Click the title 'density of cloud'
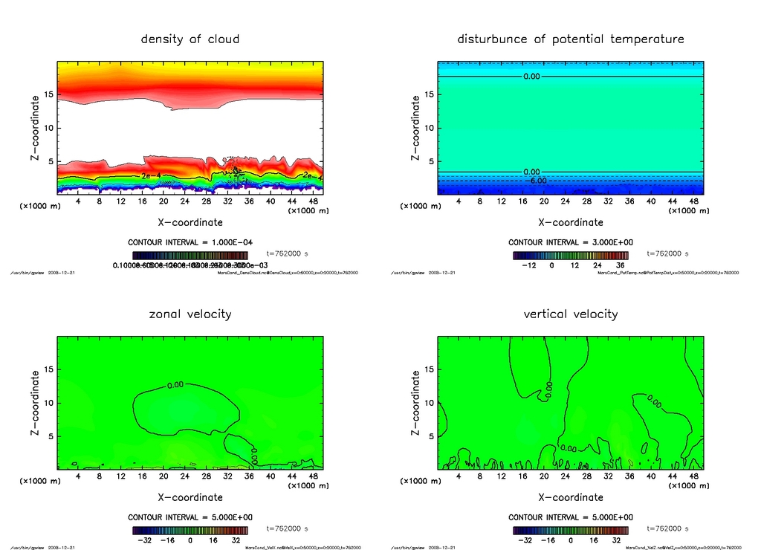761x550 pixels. click(190, 39)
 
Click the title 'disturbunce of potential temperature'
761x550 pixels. click(571, 39)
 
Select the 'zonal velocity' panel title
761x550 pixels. click(190, 314)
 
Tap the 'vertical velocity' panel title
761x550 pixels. click(571, 314)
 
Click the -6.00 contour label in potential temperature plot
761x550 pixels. click(536, 181)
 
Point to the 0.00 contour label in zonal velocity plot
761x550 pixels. click(176, 385)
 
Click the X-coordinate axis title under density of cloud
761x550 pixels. click(190, 222)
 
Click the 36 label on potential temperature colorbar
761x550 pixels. click(618, 265)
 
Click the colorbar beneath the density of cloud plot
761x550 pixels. click(190, 254)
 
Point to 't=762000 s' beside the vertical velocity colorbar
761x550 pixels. click(668, 528)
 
